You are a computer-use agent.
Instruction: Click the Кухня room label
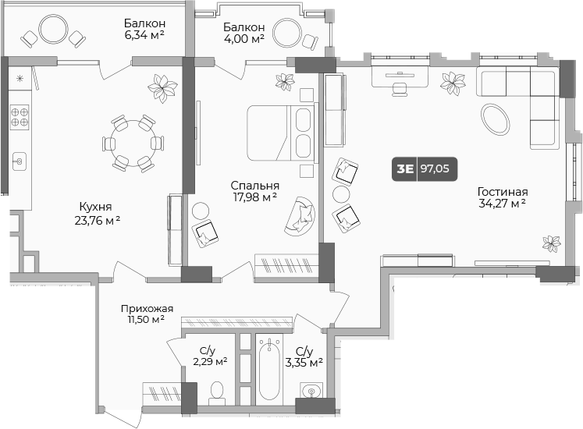click(94, 207)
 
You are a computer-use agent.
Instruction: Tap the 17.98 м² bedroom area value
click(254, 198)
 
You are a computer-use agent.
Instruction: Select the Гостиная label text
click(503, 191)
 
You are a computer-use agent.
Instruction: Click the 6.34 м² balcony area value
click(144, 34)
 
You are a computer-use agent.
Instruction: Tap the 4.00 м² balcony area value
click(244, 38)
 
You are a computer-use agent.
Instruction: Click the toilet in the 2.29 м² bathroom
click(218, 391)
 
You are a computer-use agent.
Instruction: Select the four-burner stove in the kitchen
click(20, 117)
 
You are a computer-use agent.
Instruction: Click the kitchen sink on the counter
click(20, 161)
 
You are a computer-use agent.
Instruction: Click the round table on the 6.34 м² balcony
click(55, 30)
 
